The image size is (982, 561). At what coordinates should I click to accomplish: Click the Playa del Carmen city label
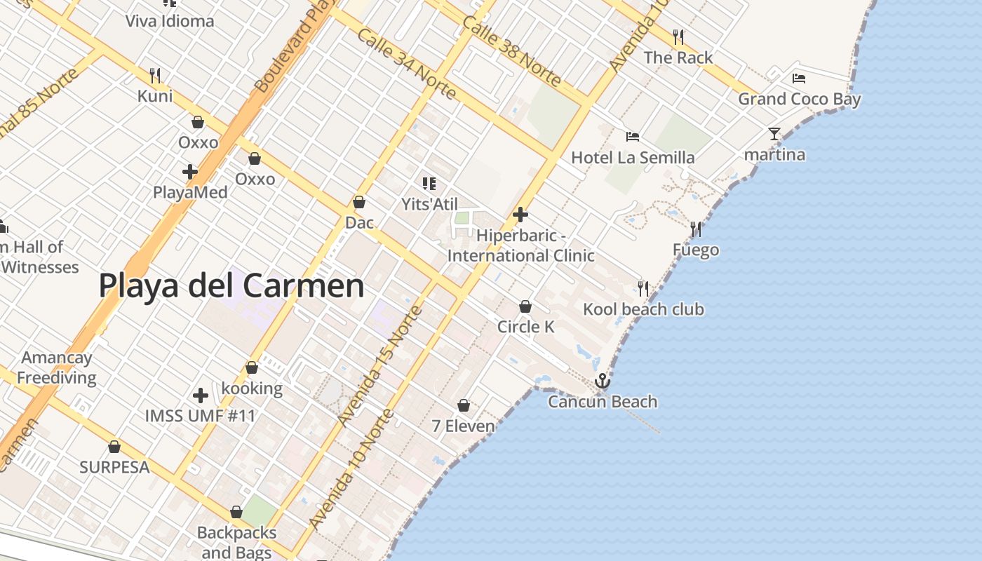(231, 286)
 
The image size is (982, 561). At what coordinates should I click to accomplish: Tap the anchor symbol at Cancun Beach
(602, 381)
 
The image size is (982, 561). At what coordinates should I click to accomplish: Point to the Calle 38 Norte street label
(511, 50)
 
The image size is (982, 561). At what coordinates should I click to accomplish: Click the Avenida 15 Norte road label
(379, 366)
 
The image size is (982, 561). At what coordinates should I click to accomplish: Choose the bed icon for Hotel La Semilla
(633, 137)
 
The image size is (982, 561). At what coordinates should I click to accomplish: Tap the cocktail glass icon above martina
(774, 133)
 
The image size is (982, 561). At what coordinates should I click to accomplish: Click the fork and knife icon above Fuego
(696, 229)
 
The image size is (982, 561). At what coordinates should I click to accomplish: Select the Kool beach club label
(643, 309)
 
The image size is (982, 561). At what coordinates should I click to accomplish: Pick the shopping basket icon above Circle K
(525, 306)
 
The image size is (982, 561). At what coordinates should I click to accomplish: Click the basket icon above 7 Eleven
(463, 405)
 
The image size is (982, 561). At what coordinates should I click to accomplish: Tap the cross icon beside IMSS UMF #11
(201, 396)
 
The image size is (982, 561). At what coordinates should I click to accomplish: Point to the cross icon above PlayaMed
(189, 171)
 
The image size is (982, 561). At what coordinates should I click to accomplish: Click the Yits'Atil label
(429, 204)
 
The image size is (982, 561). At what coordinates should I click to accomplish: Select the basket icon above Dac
(359, 202)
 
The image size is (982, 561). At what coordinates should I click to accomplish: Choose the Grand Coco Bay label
(799, 99)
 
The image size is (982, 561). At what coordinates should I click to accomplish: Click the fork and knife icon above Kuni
(155, 75)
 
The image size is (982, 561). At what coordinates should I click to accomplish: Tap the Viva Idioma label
(170, 21)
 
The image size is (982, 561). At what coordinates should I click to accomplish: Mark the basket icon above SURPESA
(114, 447)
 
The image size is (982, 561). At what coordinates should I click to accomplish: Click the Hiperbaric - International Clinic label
(520, 245)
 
